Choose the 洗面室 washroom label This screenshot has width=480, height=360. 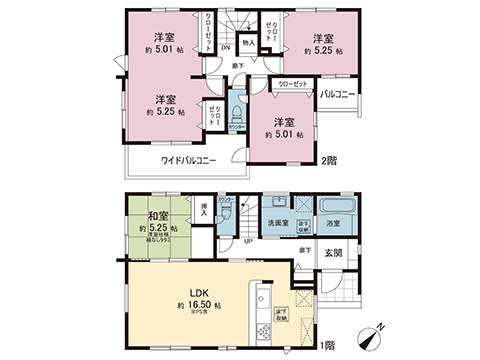pos(277,223)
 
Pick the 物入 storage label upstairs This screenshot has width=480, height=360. pos(248,44)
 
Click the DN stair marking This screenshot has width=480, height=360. pos(225,46)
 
